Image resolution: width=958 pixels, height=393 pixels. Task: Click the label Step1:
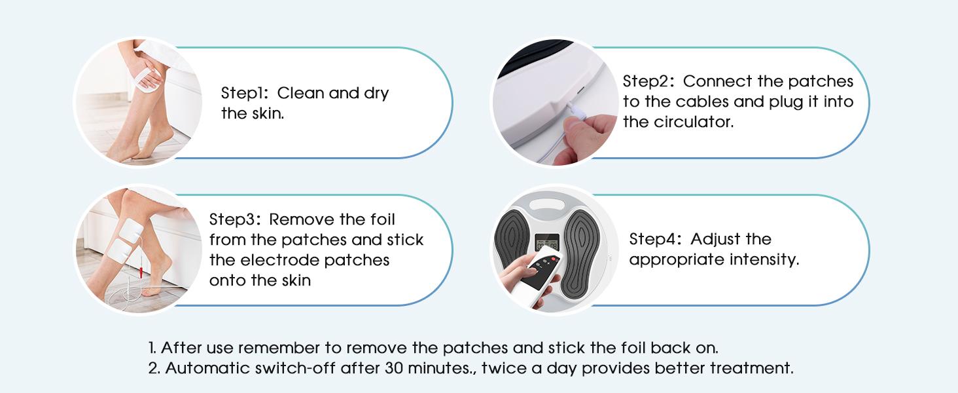[x=244, y=93]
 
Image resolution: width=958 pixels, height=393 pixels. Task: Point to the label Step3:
[x=234, y=219]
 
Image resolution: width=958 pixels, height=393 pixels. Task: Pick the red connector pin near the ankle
[x=141, y=271]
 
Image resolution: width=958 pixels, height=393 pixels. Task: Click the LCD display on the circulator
[x=548, y=243]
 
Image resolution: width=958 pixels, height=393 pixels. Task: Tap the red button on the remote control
[x=555, y=259]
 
